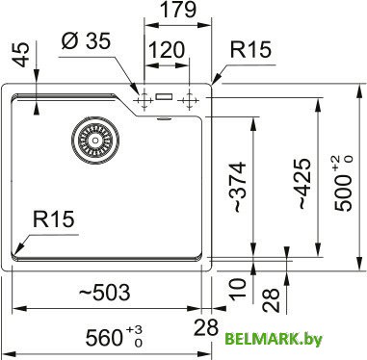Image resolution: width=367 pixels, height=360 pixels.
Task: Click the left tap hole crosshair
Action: pos(144,98)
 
